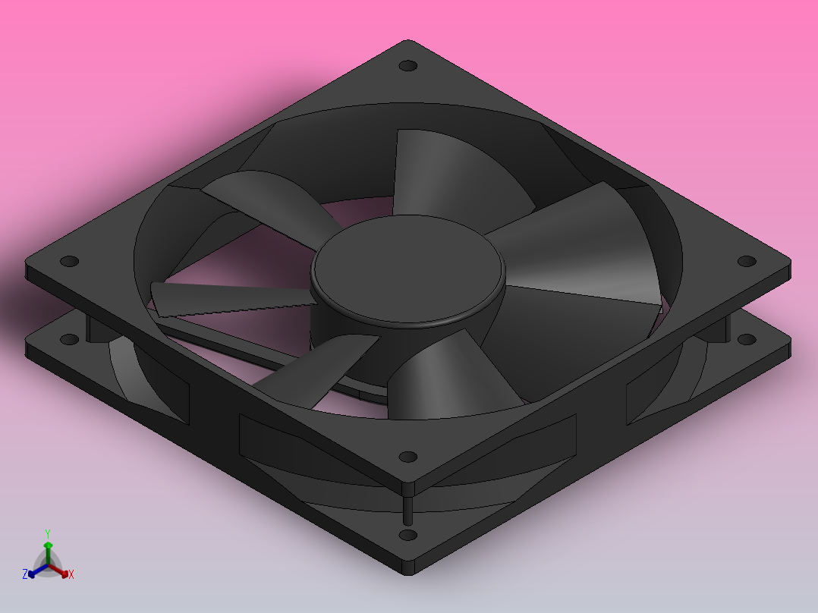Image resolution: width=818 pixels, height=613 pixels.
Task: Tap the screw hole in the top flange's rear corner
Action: coord(408,66)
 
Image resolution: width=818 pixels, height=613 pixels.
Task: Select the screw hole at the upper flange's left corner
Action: coord(69,261)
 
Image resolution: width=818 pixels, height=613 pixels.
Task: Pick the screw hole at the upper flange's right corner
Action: coord(747,261)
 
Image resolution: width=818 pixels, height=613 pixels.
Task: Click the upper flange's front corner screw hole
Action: coord(408,457)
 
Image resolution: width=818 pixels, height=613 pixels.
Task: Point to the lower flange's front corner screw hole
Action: coord(408,535)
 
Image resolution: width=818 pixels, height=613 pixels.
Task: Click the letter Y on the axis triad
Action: coord(47,533)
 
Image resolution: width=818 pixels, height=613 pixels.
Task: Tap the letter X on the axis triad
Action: coord(71,575)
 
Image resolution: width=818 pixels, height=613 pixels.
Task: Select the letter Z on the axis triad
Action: coord(25,574)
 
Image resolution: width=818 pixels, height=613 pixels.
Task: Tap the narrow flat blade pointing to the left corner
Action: coord(228,299)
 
